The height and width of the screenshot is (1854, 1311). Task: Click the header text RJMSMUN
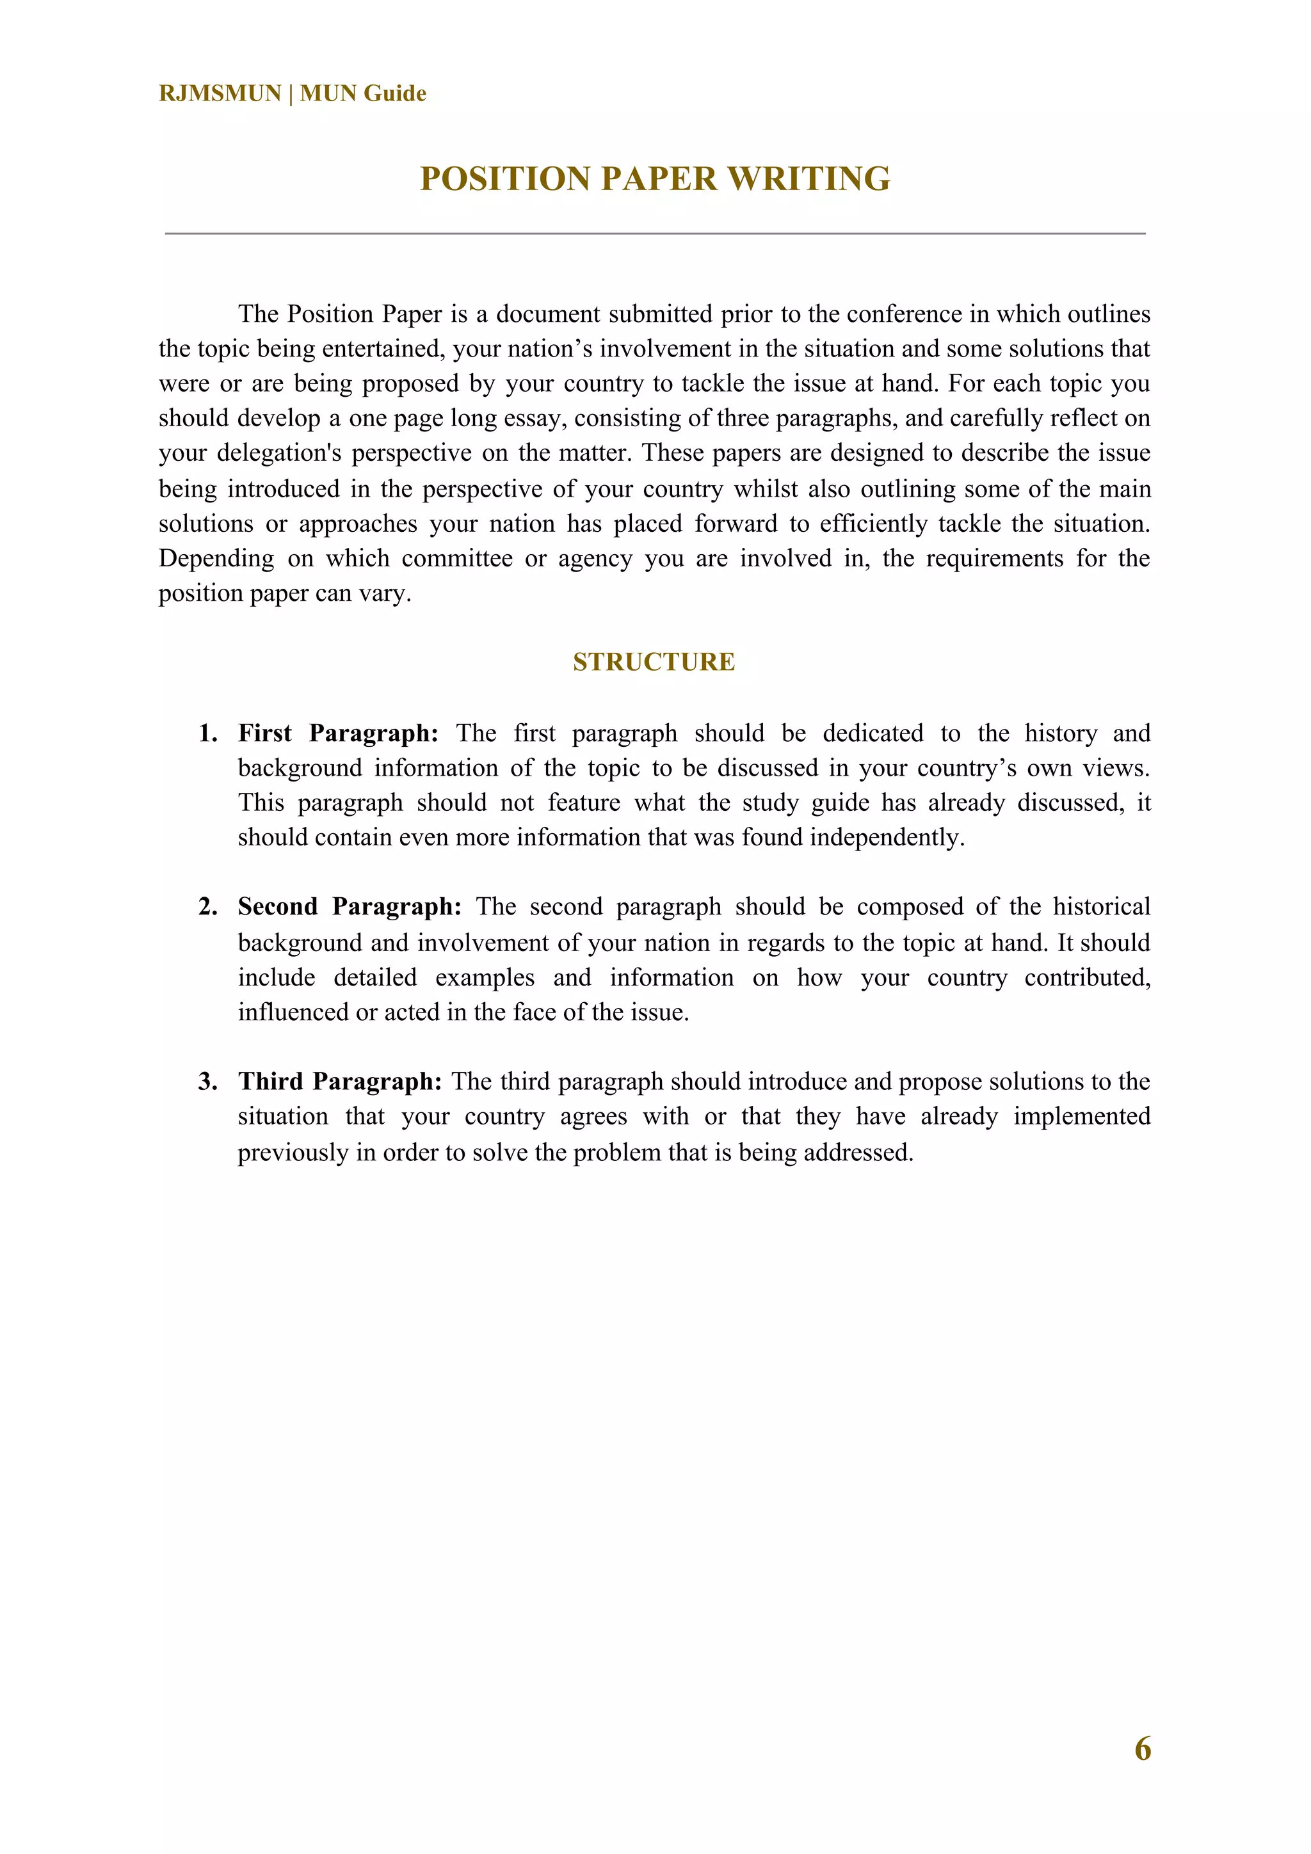pyautogui.click(x=220, y=93)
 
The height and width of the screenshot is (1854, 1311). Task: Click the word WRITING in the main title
pyautogui.click(x=808, y=179)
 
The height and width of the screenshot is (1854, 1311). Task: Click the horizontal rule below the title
pyautogui.click(x=655, y=234)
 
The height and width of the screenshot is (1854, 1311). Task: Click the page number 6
pyautogui.click(x=1142, y=1748)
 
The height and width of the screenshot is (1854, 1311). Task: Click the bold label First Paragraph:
pyautogui.click(x=337, y=733)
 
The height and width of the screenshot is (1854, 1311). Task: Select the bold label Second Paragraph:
pyautogui.click(x=349, y=907)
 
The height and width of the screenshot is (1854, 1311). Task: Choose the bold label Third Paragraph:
pyautogui.click(x=339, y=1081)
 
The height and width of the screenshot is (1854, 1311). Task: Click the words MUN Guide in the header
pyautogui.click(x=363, y=93)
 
